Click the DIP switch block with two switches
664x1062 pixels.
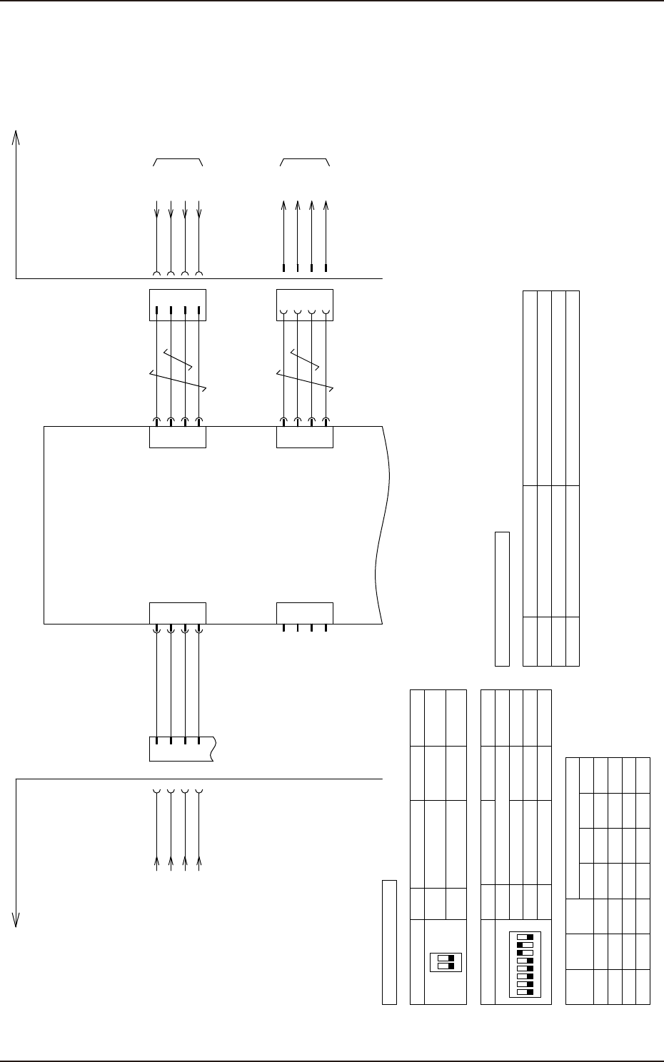[x=446, y=961]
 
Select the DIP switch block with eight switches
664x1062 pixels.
[x=525, y=964]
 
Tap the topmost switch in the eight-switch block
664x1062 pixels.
[x=525, y=936]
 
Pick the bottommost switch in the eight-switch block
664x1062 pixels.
[x=525, y=992]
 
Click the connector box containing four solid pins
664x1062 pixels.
[x=177, y=305]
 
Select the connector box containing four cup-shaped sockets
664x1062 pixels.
[x=304, y=305]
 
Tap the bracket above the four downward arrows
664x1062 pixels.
[x=178, y=161]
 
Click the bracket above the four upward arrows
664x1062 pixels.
[x=305, y=161]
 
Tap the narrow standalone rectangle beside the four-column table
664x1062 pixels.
[x=502, y=598]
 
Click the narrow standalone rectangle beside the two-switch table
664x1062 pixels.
[x=389, y=942]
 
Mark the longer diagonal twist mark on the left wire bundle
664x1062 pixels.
[x=178, y=381]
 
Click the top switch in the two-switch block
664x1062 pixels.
[x=446, y=957]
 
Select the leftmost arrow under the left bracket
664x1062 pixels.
[x=156, y=211]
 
